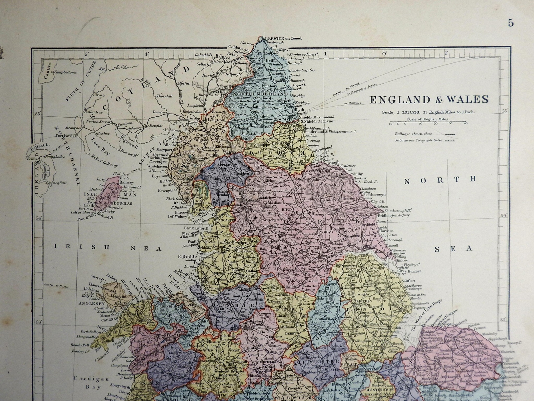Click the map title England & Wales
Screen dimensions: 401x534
coord(429,100)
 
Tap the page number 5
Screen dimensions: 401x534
coord(511,23)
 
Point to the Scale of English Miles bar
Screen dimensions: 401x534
coord(428,123)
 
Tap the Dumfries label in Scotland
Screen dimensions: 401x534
coord(161,113)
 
